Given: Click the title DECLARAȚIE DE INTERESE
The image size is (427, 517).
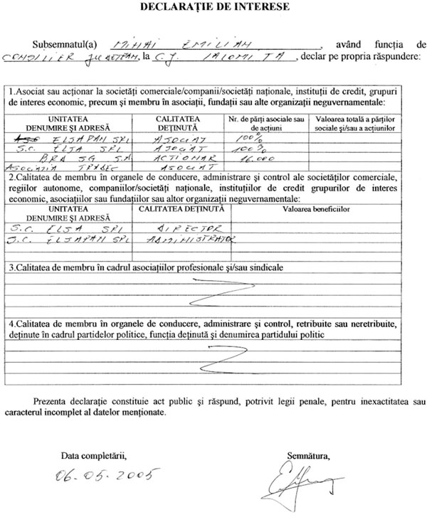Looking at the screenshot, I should point(214,8).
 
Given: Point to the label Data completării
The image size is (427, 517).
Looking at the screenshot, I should point(93,452).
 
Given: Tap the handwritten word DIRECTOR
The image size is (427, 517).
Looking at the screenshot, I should point(186,229).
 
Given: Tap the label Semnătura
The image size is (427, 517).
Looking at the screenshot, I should point(309,452).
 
